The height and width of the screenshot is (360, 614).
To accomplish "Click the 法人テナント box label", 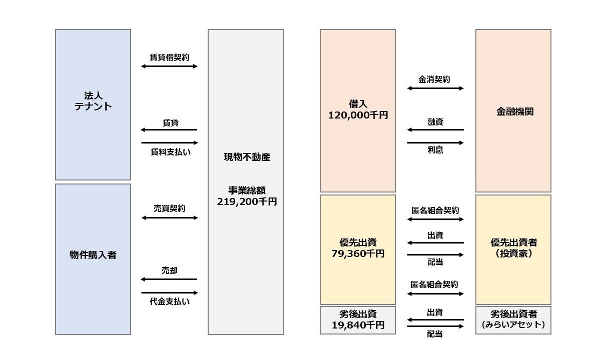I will [93, 100].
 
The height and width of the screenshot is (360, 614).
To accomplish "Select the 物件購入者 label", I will [93, 255].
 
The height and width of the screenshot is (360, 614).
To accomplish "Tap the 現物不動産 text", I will [247, 157].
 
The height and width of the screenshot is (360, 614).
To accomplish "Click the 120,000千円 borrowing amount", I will [358, 115].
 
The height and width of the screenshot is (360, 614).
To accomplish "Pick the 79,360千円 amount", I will [358, 253].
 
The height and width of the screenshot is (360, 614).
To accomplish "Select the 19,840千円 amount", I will [358, 325].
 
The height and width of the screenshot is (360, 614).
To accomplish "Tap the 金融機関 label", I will [513, 111].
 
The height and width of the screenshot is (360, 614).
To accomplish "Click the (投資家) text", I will [513, 253].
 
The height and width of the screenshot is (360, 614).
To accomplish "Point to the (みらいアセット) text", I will [513, 325].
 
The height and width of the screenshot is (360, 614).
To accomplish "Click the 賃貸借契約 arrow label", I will [170, 57].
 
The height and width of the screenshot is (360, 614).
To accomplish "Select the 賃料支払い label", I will [170, 151].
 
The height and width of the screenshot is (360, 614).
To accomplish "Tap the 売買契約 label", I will [170, 208].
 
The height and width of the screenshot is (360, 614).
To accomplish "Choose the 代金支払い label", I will [170, 301].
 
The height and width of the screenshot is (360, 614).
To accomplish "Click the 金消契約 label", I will [434, 79].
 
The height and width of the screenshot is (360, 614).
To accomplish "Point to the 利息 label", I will [435, 150].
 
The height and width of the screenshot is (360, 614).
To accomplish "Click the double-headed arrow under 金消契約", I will [435, 88].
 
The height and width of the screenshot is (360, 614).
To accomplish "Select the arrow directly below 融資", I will [435, 130].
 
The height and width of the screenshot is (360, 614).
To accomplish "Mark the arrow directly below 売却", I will [170, 279].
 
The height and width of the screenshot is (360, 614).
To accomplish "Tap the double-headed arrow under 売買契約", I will [170, 218].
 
